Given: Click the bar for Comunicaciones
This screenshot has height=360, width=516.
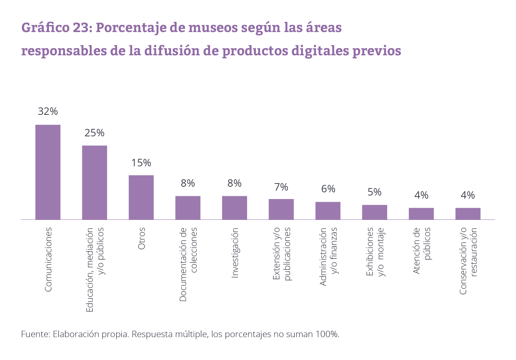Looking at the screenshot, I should tap(48, 172).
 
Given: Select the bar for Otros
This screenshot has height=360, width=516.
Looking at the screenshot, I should tap(141, 197).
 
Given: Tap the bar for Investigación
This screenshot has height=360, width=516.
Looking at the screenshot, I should tap(234, 208).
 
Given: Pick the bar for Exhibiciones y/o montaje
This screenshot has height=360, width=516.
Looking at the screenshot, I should tap(375, 212).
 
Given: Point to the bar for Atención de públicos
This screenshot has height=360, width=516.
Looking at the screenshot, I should tap(421, 214).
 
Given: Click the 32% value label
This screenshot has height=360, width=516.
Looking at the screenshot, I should tap(48, 112).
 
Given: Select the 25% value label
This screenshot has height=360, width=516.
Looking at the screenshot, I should tap(95, 133).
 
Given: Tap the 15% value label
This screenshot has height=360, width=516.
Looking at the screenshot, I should tap(141, 163).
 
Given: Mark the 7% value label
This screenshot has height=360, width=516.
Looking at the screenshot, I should tap(281, 187).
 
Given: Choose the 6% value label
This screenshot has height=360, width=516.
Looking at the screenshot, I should tap(328, 189).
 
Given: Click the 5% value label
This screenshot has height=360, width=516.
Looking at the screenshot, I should tap(375, 192).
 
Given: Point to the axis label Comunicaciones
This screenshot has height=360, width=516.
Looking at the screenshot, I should tap(48, 260).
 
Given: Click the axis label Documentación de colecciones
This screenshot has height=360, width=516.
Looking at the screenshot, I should tap(188, 264).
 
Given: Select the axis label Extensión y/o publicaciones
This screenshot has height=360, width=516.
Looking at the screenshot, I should tap(282, 254).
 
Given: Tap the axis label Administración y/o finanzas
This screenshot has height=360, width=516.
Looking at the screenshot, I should tap(328, 256).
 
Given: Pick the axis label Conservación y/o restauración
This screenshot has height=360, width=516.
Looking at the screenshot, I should tap(468, 261).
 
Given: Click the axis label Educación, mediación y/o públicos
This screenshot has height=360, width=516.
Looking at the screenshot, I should tap(95, 269).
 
